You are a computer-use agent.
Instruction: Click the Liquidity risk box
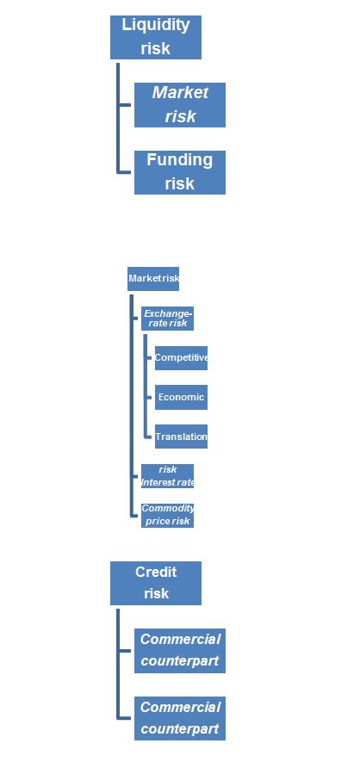pyautogui.click(x=156, y=37)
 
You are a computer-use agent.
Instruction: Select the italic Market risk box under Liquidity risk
pyautogui.click(x=180, y=105)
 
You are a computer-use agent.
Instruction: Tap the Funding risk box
pyautogui.click(x=180, y=172)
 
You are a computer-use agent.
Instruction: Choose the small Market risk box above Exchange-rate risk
pyautogui.click(x=153, y=279)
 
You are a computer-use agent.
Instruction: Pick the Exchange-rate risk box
pyautogui.click(x=167, y=319)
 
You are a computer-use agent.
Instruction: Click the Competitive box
pyautogui.click(x=181, y=358)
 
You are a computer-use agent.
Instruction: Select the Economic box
pyautogui.click(x=181, y=397)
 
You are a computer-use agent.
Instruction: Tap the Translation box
pyautogui.click(x=181, y=437)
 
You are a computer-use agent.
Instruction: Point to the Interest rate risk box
pyautogui.click(x=167, y=476)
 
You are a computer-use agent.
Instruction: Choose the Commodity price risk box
pyautogui.click(x=167, y=515)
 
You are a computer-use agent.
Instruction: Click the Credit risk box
pyautogui.click(x=156, y=583)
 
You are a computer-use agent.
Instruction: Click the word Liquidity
pyautogui.click(x=156, y=25)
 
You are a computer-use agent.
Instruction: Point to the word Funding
pyautogui.click(x=180, y=160)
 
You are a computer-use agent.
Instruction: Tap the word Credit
pyautogui.click(x=156, y=572)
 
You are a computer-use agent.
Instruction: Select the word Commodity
pyautogui.click(x=167, y=508)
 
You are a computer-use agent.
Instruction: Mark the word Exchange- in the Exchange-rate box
pyautogui.click(x=168, y=313)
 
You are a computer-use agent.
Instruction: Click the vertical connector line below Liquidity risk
pyautogui.click(x=118, y=118)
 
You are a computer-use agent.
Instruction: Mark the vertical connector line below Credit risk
pyautogui.click(x=118, y=664)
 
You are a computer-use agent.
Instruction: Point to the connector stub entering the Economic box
pyautogui.click(x=150, y=397)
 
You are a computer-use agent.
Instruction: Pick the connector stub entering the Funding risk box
pyautogui.click(x=126, y=172)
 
